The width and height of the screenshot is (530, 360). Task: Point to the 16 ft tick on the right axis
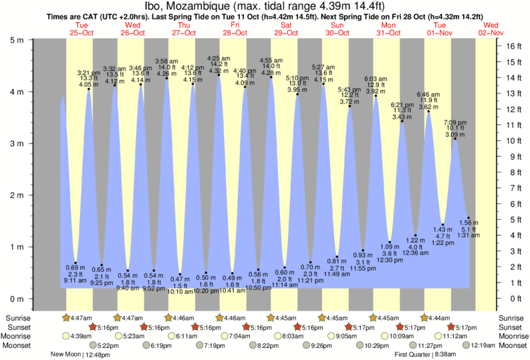point(511,46)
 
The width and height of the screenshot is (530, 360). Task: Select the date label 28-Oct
point(235,32)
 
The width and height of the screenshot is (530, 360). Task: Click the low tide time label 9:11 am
point(75,281)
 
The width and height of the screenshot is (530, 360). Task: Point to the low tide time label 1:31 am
point(468,235)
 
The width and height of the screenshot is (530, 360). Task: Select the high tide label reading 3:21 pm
point(89,72)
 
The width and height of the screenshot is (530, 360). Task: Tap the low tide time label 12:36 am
point(416,253)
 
